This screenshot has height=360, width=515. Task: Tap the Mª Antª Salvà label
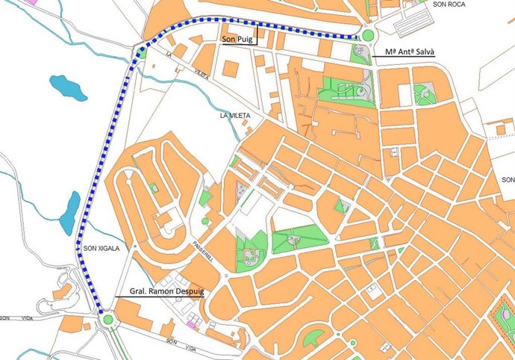[410, 52]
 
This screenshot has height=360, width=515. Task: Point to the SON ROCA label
[449, 4]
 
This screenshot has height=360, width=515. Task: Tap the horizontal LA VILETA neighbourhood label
[235, 117]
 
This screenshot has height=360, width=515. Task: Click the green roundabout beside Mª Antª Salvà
[367, 35]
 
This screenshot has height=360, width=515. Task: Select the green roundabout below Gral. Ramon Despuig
[109, 320]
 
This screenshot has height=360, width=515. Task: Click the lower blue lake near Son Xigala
[69, 212]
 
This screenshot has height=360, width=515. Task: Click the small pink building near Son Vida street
[193, 325]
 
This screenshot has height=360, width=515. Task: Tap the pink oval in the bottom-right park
[508, 321]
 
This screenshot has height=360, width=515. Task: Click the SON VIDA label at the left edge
[11, 318]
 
